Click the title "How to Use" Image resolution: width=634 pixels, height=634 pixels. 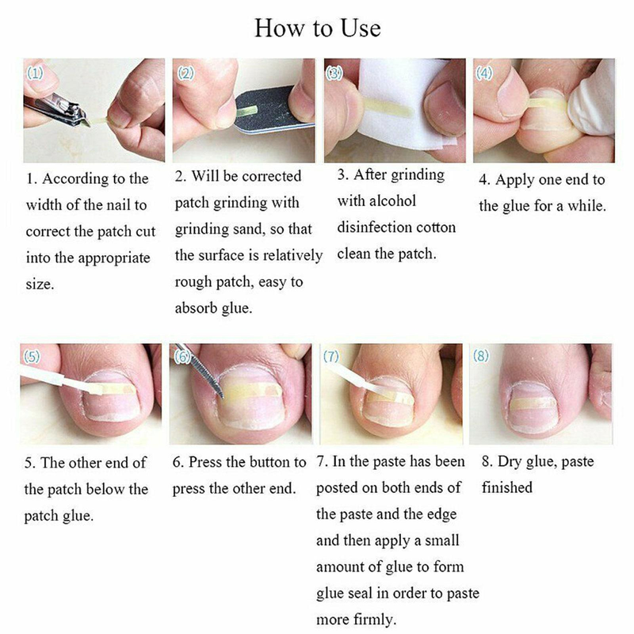318,29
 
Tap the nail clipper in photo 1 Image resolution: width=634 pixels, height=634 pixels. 55,109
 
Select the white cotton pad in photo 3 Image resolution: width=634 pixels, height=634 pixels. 404,103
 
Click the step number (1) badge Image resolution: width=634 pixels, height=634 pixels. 35,73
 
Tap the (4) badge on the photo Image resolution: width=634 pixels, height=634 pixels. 484,73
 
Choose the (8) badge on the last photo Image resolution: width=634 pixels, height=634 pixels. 481,356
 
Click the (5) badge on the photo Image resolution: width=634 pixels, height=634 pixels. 32,356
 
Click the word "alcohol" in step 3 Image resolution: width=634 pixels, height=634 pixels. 391,201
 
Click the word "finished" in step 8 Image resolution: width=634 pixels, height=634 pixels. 507,487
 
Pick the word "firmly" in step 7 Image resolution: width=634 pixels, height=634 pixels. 373,620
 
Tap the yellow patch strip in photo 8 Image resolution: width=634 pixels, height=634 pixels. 533,403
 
